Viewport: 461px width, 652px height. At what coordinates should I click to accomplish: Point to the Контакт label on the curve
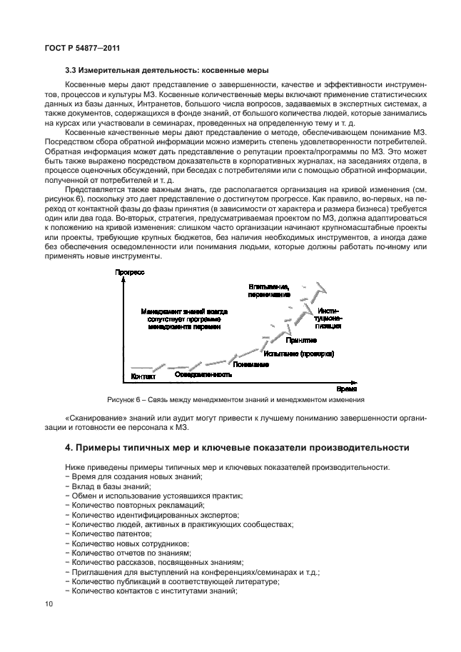(x=144, y=376)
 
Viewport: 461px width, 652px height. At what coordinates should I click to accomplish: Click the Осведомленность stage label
(x=203, y=374)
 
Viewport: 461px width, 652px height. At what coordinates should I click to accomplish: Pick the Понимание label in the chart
(x=250, y=365)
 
